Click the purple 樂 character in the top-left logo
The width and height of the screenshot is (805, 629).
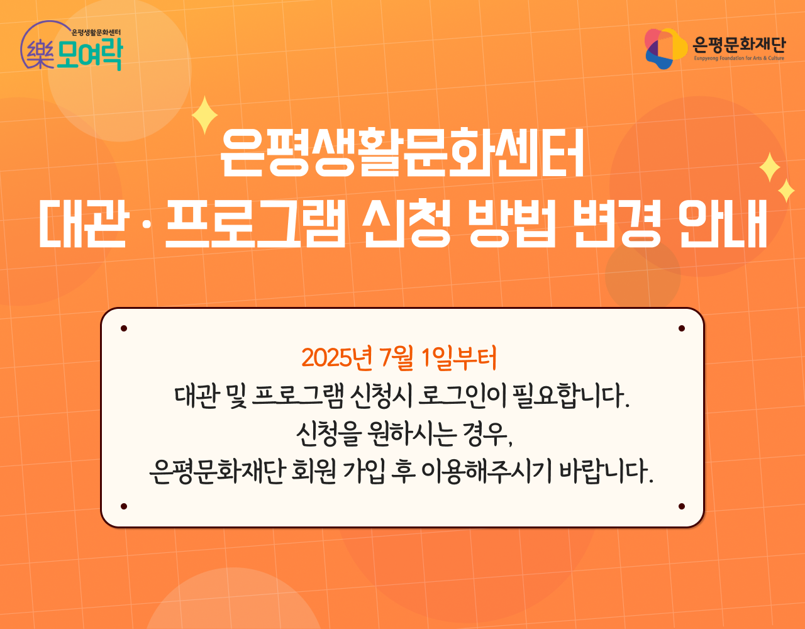coord(41,55)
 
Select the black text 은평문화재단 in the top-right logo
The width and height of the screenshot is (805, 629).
coord(739,45)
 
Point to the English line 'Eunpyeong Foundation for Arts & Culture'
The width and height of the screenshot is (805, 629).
coord(739,58)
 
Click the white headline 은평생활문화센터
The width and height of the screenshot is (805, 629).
coord(402,152)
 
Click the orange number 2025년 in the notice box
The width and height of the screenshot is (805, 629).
coord(336,358)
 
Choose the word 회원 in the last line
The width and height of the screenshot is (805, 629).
coord(314,472)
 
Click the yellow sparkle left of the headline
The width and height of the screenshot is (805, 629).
coord(204,115)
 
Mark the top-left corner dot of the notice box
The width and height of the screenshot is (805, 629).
coord(124,328)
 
